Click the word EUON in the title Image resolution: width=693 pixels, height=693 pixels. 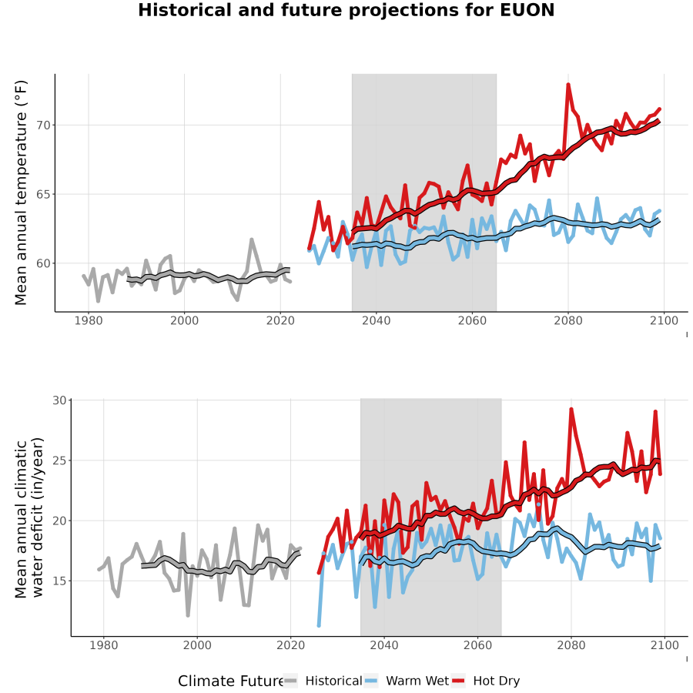[x=527, y=10]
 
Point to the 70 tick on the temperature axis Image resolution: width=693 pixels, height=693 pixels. [x=44, y=125]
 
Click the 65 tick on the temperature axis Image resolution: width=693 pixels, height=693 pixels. [x=44, y=194]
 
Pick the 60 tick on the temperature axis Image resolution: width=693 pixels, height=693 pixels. [x=44, y=263]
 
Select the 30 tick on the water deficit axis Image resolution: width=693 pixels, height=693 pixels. [x=59, y=400]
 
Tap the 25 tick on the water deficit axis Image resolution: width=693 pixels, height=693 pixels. [x=59, y=460]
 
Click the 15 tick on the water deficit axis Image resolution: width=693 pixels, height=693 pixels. [x=59, y=581]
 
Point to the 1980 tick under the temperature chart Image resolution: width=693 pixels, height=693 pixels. [x=89, y=320]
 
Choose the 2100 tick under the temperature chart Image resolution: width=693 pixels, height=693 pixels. [x=664, y=320]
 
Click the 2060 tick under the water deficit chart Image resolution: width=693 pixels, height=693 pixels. [x=477, y=645]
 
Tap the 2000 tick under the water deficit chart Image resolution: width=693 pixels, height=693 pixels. [x=197, y=645]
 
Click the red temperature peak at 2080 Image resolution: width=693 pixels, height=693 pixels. [x=568, y=84]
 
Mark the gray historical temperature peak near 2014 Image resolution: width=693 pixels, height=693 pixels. [x=252, y=239]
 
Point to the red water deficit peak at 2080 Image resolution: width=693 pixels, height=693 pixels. [x=571, y=409]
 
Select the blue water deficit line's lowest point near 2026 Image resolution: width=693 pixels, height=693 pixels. [x=319, y=625]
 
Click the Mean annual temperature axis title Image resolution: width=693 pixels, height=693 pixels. [x=21, y=192]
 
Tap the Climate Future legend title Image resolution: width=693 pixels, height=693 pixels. [x=230, y=681]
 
